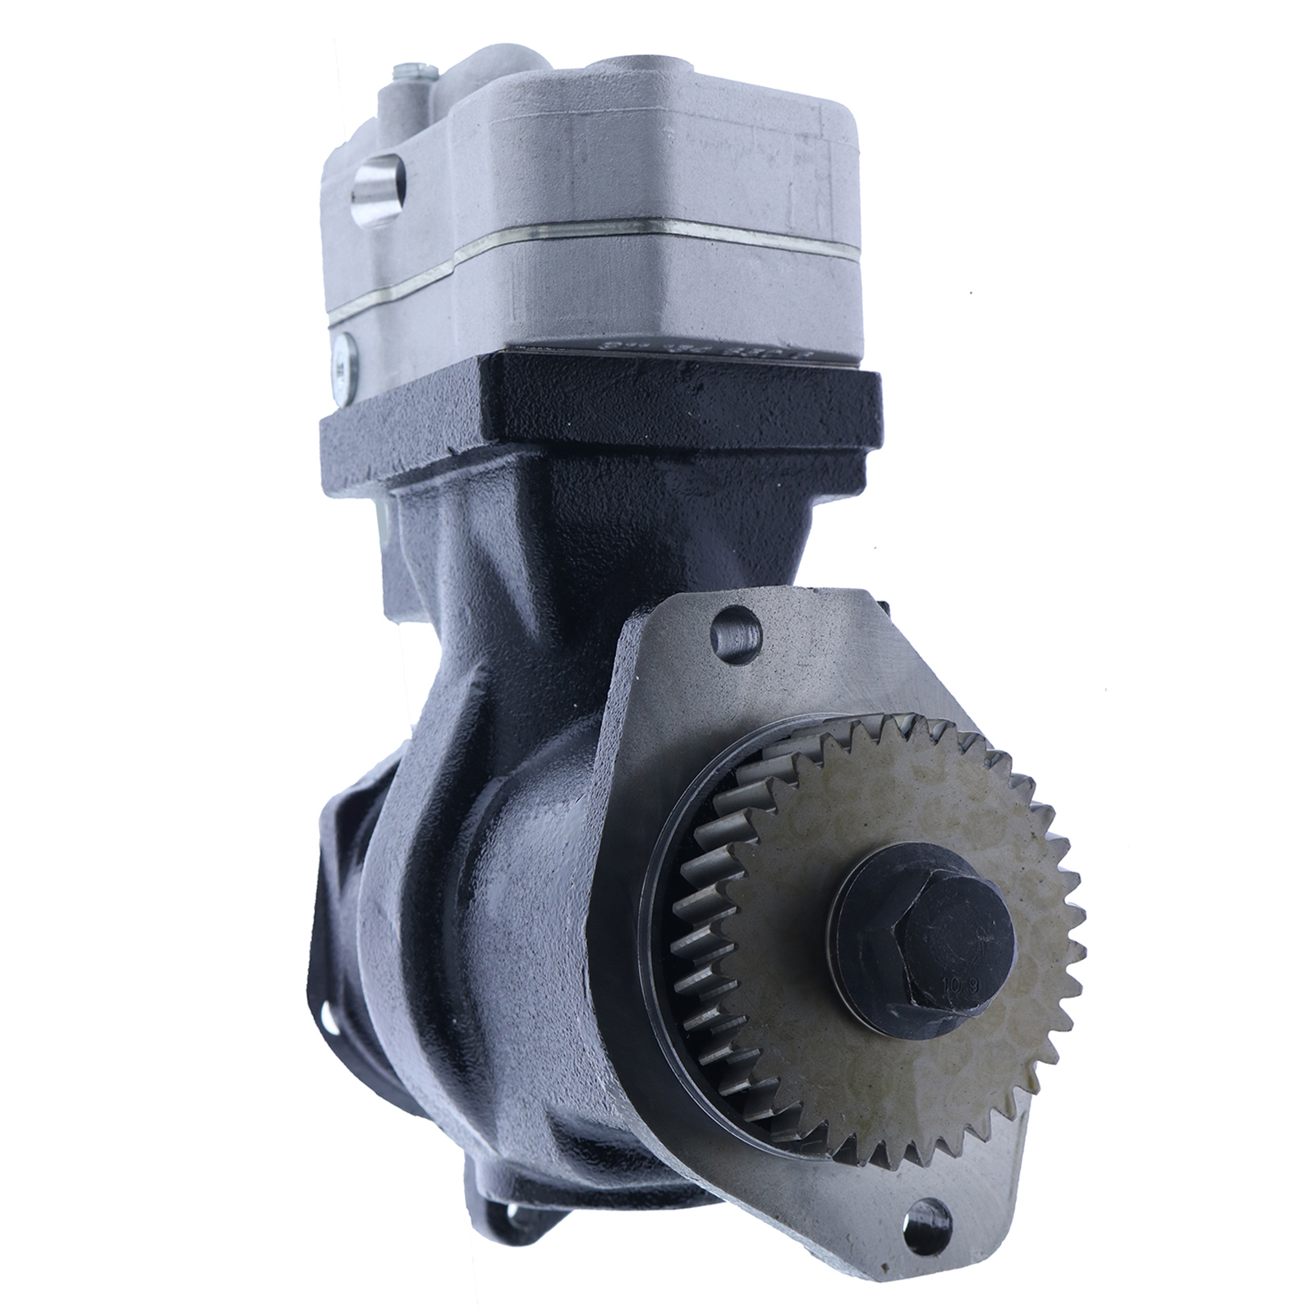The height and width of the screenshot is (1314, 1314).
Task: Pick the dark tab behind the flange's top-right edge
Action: (881, 609)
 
